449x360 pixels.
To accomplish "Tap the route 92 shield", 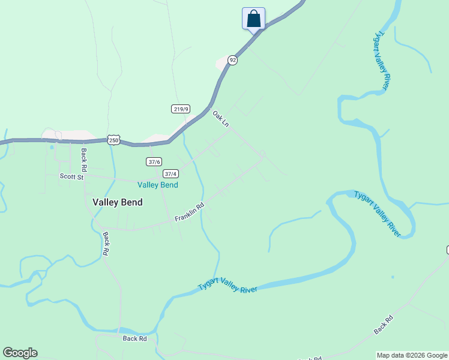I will click(233, 60).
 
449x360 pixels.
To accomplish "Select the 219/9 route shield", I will click(180, 109).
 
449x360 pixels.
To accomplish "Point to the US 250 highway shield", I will click(113, 140).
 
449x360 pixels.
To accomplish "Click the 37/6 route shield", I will click(154, 161).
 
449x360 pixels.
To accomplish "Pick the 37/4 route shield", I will click(170, 173).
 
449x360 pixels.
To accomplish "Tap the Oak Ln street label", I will click(221, 118).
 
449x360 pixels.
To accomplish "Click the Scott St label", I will click(71, 176).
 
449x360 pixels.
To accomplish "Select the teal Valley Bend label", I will click(158, 185).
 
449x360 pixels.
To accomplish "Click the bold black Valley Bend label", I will click(118, 202).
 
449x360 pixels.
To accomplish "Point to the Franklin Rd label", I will click(190, 212).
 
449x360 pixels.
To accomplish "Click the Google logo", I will click(20, 353).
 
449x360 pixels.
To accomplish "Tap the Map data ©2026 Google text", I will click(412, 355).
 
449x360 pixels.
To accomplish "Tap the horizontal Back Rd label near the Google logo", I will click(134, 338).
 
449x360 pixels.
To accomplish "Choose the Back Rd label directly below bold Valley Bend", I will click(105, 244).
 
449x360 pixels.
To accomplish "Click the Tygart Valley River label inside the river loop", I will click(377, 214).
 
